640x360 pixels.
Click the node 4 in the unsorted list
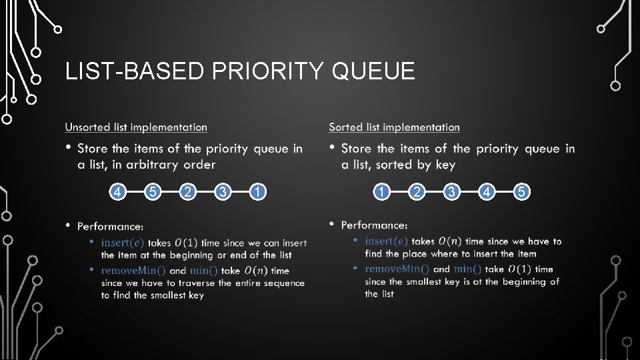pos(118,193)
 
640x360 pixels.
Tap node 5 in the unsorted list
pos(153,193)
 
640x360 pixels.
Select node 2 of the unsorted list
pos(189,193)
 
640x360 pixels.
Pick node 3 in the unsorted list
pos(223,193)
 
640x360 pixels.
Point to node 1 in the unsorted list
pos(259,193)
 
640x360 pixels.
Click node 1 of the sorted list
pos(381,193)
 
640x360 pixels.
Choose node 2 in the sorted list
pos(417,193)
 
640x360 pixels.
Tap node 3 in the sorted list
pos(452,193)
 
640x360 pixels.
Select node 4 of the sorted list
pos(487,193)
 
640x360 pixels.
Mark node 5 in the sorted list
pos(523,193)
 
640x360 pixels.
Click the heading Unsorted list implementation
pos(136,127)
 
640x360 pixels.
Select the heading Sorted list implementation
pos(394,127)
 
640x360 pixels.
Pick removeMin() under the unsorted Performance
pos(133,271)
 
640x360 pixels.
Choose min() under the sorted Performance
pos(467,269)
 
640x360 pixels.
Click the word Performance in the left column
pos(109,227)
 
